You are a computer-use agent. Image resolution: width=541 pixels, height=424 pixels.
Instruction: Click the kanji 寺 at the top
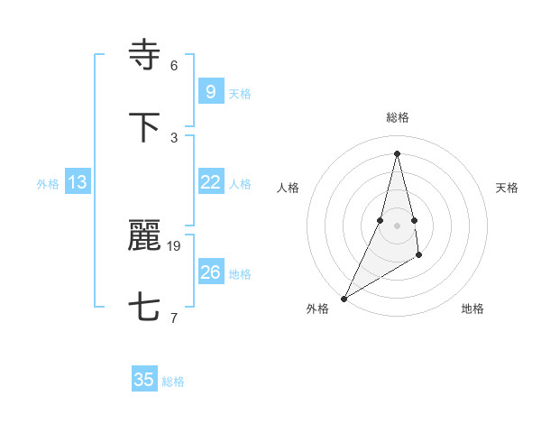point(145,56)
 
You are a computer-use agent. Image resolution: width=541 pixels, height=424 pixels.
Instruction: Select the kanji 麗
point(145,236)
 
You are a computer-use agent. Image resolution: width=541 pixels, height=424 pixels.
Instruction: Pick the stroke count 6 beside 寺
point(174,66)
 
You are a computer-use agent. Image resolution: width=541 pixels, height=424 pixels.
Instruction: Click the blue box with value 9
point(210,92)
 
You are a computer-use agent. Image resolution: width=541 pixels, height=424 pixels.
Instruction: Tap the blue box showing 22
point(210,182)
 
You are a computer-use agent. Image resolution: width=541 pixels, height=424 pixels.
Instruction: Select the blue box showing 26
point(210,272)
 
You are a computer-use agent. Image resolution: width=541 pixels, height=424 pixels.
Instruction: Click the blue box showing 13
point(78,182)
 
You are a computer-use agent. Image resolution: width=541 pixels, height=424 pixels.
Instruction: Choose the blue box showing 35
point(144,380)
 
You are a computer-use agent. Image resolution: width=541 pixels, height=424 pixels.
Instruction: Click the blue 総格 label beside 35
point(173,382)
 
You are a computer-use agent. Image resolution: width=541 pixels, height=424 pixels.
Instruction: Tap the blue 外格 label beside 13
point(48,184)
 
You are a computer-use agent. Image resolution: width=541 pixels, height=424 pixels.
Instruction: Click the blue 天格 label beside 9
point(240,94)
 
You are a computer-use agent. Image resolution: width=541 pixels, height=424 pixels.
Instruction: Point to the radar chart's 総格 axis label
point(397,117)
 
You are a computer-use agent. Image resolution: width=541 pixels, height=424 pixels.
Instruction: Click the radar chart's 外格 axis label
point(317,309)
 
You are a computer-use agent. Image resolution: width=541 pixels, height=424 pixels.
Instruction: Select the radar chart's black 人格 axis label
point(288,188)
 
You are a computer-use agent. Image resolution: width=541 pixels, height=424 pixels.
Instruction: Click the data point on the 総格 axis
point(397,152)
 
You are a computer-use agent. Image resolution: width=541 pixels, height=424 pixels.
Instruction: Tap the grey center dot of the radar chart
point(397,226)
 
